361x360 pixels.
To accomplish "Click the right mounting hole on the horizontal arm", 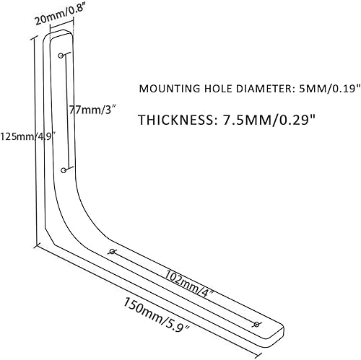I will click(x=258, y=324).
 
